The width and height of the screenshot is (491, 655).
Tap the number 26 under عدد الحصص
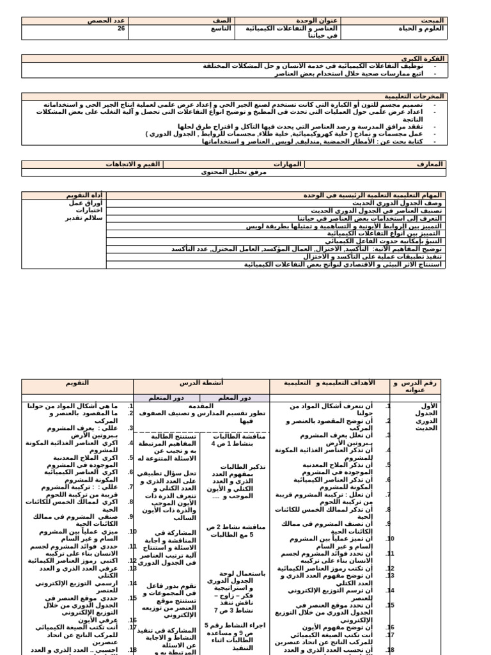point(121,29)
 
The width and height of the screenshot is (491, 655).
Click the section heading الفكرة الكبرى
point(426,58)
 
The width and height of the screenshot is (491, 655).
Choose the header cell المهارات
point(287,164)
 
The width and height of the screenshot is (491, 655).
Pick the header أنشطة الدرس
point(200,383)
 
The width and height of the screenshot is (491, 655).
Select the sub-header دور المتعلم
point(165,397)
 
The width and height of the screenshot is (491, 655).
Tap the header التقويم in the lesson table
point(77,383)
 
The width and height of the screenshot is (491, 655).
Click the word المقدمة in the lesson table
point(201,406)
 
